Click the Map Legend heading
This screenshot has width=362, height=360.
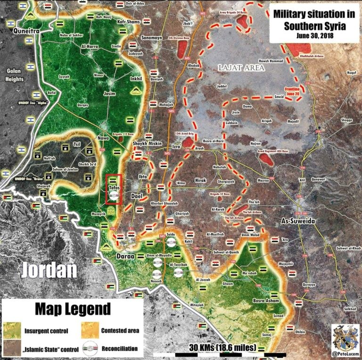click(73, 309)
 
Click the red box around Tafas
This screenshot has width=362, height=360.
click(114, 189)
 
